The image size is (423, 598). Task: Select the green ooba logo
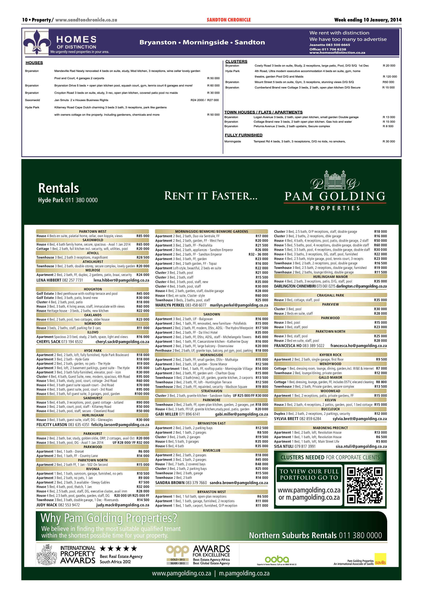(x=277, y=559)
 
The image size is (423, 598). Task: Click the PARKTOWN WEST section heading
(x=93, y=231)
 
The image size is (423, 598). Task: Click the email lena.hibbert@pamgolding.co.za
(x=121, y=280)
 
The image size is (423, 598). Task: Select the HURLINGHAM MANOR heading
(x=330, y=277)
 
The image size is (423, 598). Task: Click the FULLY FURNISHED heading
(x=244, y=135)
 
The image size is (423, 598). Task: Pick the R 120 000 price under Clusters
(x=390, y=76)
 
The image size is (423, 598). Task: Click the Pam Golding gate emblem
(x=335, y=180)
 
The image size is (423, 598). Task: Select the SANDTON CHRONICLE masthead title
(x=229, y=20)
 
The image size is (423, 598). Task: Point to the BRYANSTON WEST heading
(x=212, y=492)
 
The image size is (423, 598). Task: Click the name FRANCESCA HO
(x=288, y=346)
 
